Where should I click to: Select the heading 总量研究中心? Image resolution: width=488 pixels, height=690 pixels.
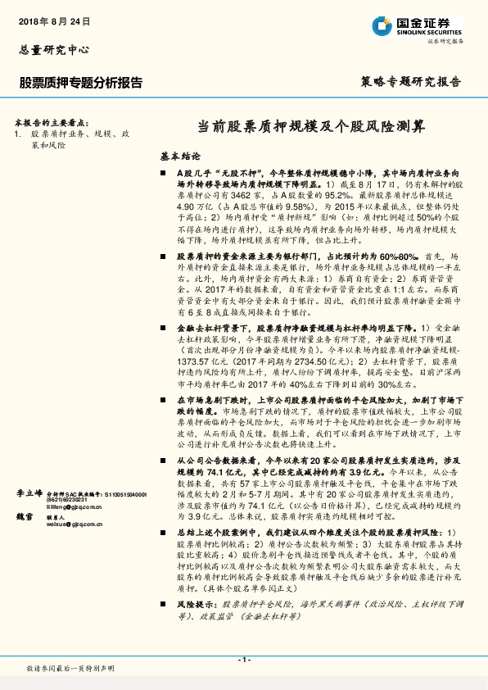(53, 49)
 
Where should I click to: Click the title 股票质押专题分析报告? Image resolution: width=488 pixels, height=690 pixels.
(80, 83)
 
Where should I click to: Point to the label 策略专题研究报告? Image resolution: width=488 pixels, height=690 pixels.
(410, 83)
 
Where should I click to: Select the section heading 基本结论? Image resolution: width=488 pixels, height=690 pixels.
(179, 156)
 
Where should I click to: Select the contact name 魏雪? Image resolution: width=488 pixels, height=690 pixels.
(24, 517)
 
